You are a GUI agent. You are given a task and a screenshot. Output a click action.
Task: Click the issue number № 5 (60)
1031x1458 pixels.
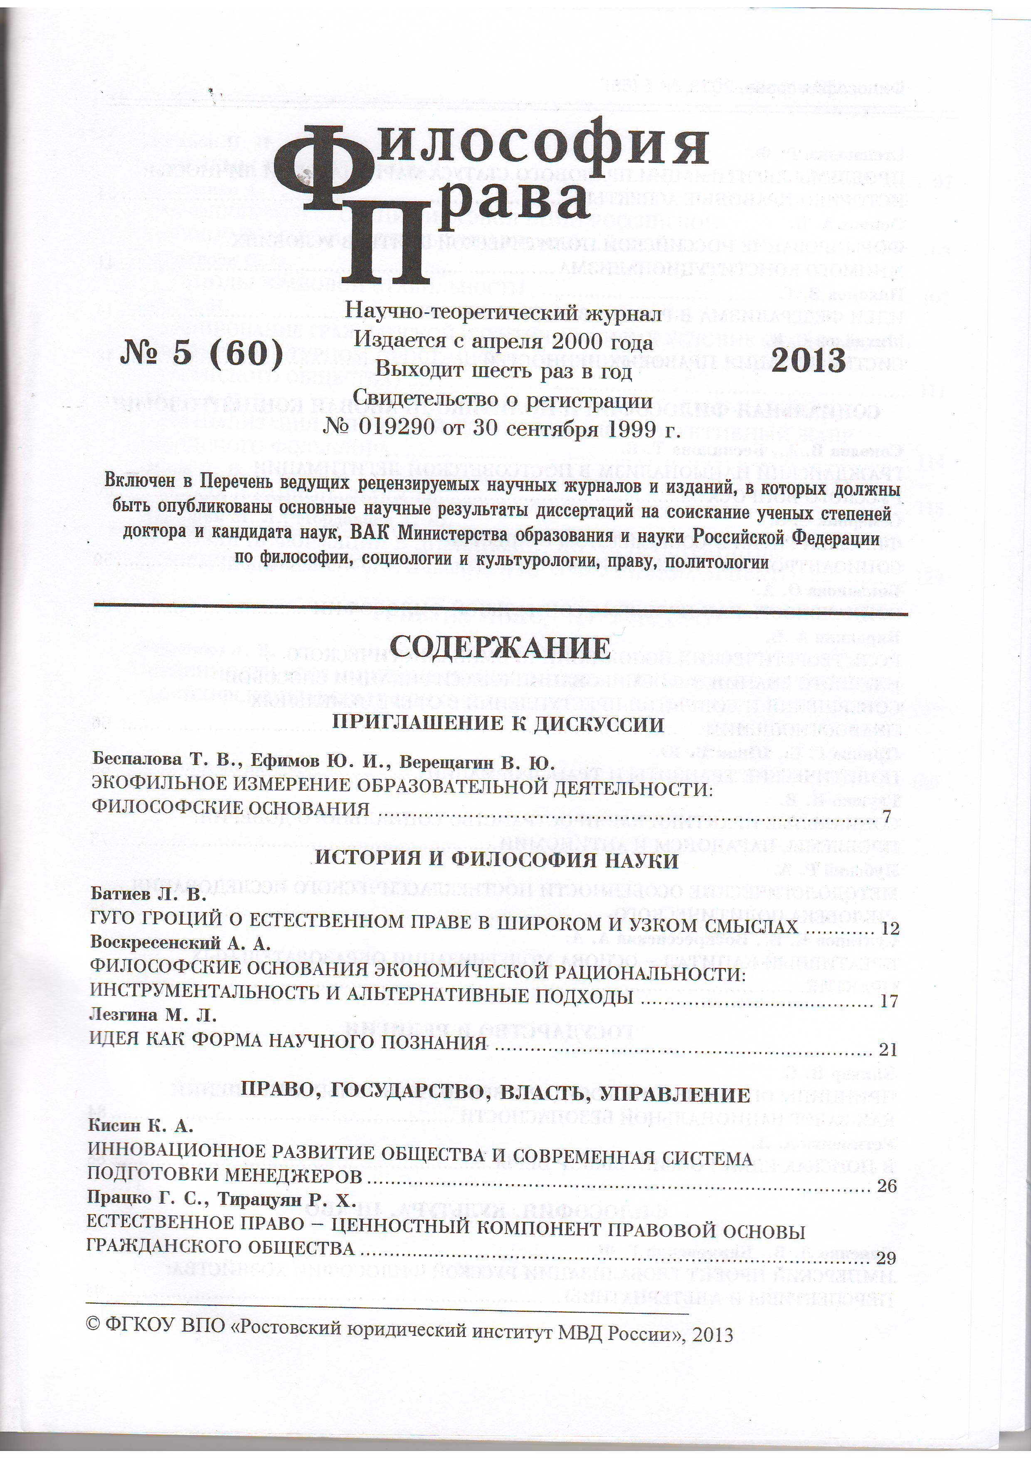coord(201,353)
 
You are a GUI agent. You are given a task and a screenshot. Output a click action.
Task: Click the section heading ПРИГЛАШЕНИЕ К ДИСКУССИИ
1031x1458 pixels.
coord(498,724)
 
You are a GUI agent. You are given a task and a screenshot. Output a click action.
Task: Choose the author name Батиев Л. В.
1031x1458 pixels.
coord(148,894)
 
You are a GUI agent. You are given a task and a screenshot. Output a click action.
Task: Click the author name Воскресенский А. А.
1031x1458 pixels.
coord(180,942)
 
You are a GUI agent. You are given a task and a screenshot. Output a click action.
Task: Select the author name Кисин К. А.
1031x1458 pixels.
coord(140,1126)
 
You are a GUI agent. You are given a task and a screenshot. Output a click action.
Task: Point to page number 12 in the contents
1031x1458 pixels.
coord(890,928)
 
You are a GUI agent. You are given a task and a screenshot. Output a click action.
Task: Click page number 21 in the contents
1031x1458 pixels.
coord(888,1050)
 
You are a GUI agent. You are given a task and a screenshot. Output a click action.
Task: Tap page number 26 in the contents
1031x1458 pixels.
coord(886,1186)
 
